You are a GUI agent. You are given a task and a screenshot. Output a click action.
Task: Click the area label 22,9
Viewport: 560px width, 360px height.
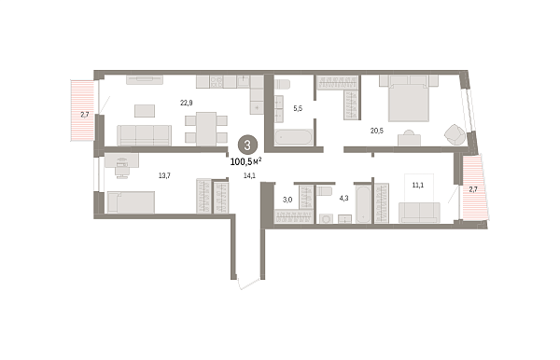click(x=187, y=104)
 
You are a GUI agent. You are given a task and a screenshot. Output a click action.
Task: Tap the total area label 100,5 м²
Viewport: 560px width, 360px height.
click(x=246, y=162)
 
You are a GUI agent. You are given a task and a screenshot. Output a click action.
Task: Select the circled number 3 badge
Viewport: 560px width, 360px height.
click(x=247, y=145)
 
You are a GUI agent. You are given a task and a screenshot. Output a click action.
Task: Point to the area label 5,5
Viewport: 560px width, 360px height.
click(x=298, y=108)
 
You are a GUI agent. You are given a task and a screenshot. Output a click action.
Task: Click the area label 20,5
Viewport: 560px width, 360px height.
click(x=377, y=131)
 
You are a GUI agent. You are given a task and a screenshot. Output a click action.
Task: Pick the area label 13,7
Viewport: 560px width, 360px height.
click(x=164, y=175)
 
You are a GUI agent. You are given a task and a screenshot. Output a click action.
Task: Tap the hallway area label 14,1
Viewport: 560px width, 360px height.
click(x=249, y=175)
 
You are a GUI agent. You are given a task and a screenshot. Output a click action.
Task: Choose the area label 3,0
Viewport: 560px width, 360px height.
click(x=287, y=200)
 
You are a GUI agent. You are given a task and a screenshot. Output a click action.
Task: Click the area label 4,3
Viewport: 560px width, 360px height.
click(x=343, y=199)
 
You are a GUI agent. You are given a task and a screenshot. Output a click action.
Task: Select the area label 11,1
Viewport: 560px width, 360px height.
click(x=418, y=186)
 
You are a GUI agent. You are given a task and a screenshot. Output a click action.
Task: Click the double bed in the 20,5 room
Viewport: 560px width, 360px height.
click(x=409, y=99)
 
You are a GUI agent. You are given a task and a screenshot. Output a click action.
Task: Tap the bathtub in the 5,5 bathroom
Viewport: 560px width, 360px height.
click(x=294, y=137)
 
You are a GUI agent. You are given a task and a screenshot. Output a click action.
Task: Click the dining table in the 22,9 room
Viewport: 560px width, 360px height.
click(x=206, y=129)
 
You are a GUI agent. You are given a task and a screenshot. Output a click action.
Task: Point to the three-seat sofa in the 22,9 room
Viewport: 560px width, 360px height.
click(x=145, y=135)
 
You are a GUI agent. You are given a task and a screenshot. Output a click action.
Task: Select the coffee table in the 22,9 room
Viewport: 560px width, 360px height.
click(x=145, y=111)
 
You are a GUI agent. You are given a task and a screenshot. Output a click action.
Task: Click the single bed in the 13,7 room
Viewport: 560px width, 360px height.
click(x=131, y=202)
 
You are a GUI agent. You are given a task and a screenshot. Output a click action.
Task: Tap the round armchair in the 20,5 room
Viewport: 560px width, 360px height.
click(x=455, y=135)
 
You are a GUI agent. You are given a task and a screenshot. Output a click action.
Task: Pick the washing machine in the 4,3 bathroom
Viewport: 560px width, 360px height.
click(x=326, y=219)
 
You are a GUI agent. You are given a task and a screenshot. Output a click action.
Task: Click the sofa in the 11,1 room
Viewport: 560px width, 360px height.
click(x=419, y=213)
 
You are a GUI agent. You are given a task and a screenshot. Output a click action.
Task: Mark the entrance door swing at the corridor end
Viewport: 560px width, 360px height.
click(x=248, y=284)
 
